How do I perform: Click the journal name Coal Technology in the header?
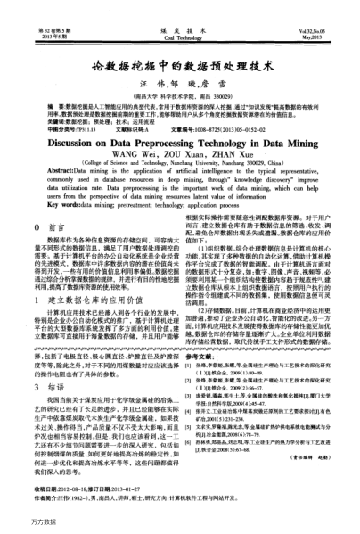point(179,14)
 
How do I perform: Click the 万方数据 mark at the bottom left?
point(20,521)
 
